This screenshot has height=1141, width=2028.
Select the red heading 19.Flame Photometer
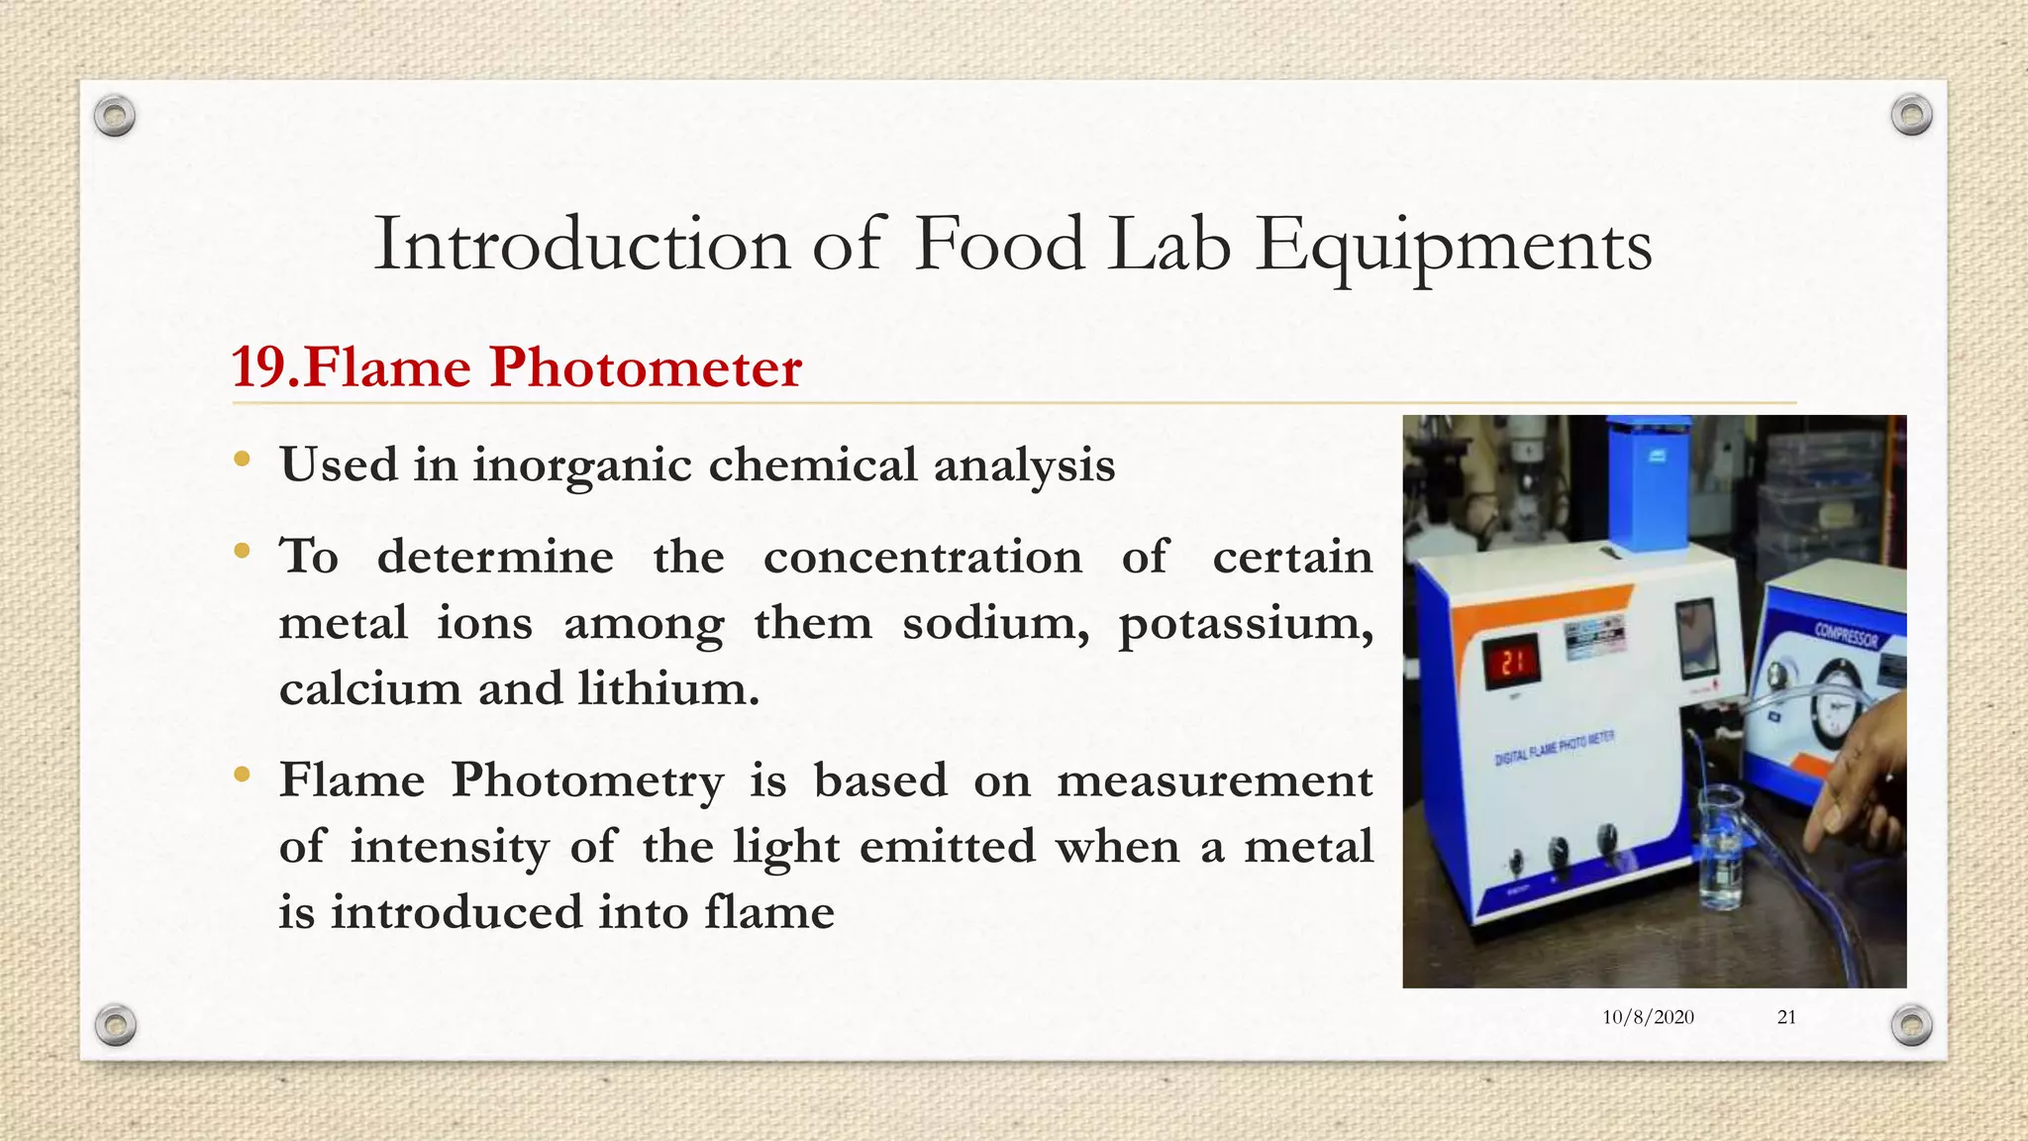516,367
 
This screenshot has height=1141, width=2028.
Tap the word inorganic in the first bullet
581,465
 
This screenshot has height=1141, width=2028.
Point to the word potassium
1245,624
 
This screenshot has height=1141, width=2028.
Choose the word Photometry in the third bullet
587,780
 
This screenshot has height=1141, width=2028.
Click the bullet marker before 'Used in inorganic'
242,459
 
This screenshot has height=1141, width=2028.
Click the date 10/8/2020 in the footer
1648,1017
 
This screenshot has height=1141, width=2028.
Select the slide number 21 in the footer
1786,1017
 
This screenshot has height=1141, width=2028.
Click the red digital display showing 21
1510,662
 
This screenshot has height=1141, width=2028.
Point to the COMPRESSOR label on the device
1845,634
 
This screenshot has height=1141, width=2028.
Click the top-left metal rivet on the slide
115,117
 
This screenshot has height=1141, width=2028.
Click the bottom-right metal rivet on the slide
1911,1025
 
